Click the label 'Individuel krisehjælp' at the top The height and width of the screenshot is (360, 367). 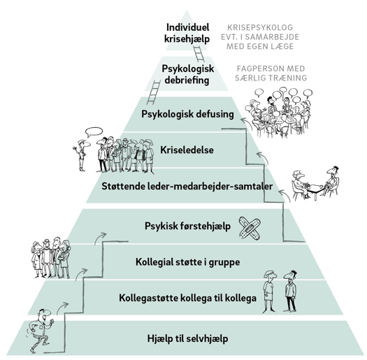(x=187, y=34)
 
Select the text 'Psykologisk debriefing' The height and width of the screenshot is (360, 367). (x=188, y=74)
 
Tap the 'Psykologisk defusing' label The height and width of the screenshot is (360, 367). (x=187, y=114)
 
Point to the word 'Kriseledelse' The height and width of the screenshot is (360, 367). (x=187, y=150)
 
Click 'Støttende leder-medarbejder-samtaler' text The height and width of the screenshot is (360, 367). (x=187, y=187)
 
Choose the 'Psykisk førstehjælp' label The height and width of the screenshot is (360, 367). (x=188, y=226)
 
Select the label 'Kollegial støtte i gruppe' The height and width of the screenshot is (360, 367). (x=188, y=262)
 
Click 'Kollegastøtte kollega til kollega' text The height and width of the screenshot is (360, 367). (x=188, y=298)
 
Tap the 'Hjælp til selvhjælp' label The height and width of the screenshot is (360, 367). (x=188, y=339)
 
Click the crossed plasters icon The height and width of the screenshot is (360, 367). (x=250, y=226)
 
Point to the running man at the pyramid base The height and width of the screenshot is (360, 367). (x=41, y=331)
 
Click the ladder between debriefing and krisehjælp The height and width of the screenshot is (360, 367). (x=199, y=54)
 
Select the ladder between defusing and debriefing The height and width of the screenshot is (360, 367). (x=154, y=92)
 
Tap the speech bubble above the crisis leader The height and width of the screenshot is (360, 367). (x=94, y=132)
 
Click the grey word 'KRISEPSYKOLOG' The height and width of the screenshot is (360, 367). (x=260, y=27)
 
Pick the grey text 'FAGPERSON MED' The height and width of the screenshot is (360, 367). (x=271, y=69)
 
